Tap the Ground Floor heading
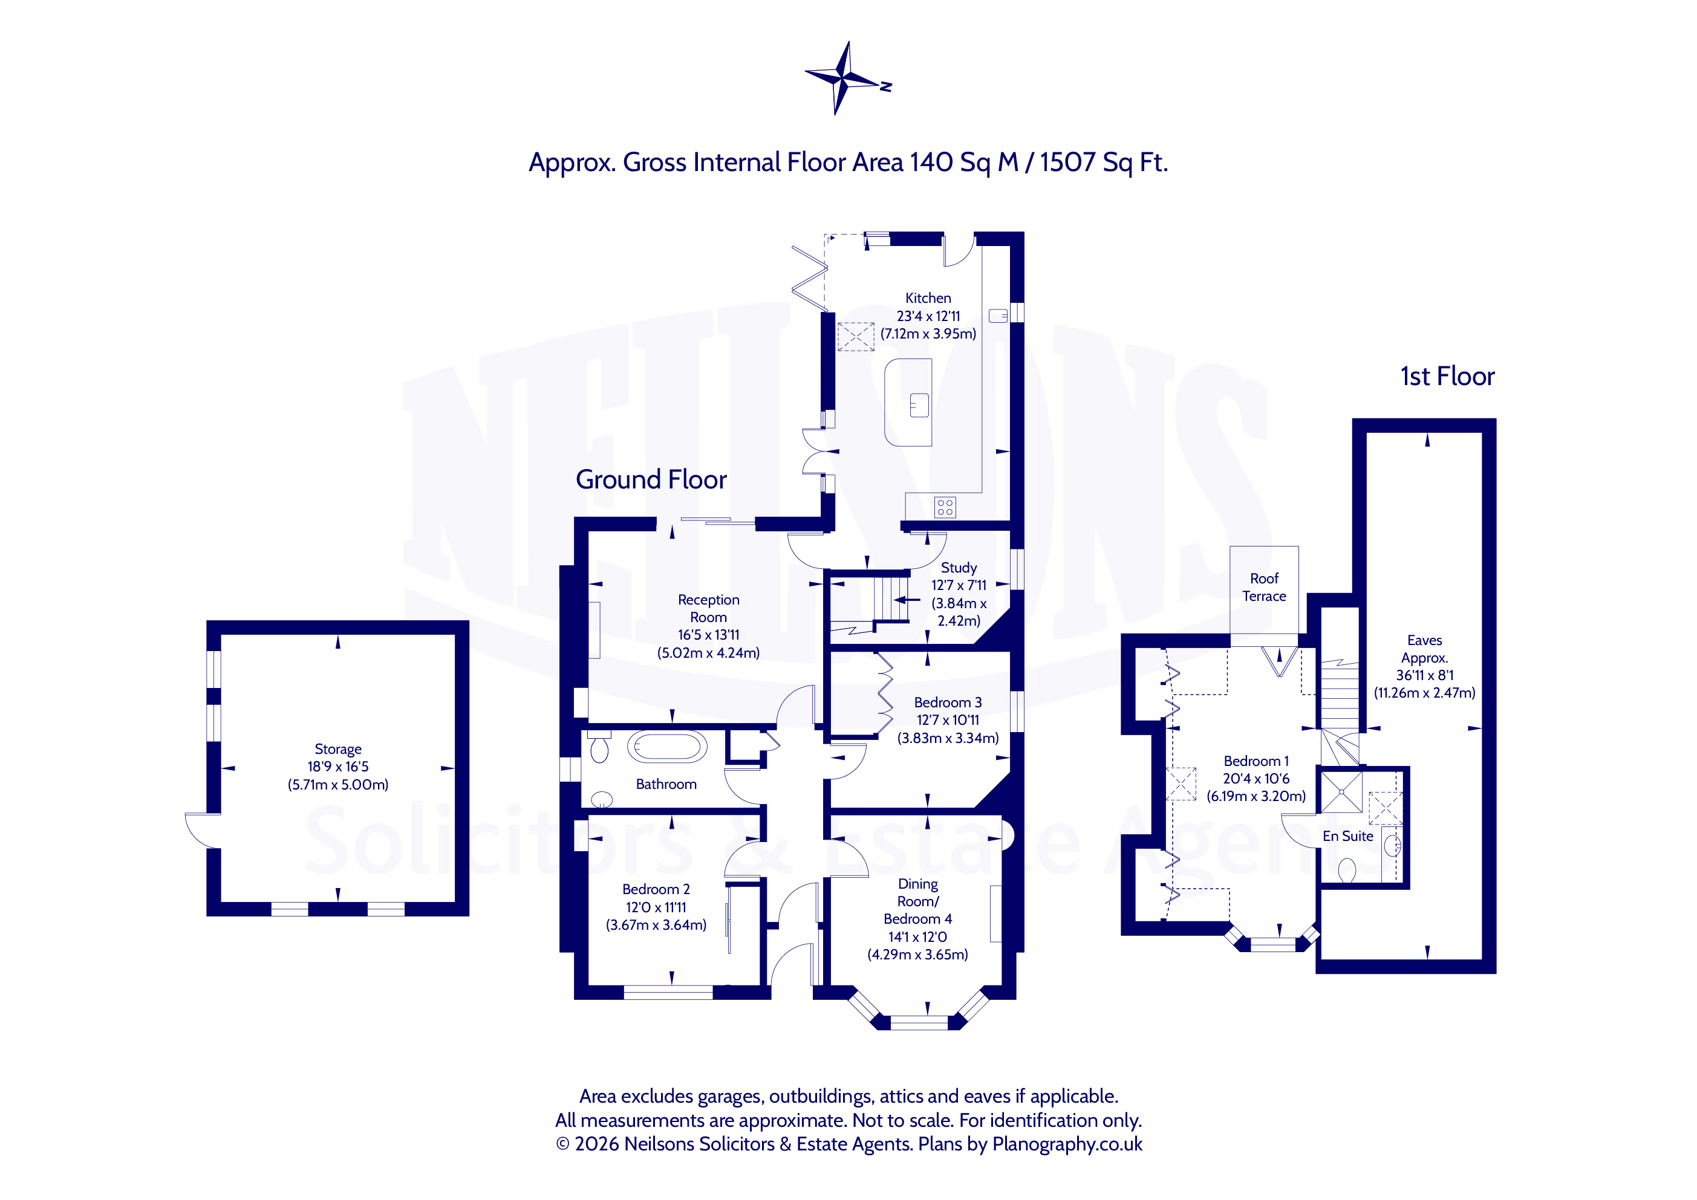click(651, 479)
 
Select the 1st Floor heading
click(1447, 377)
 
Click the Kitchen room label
click(928, 298)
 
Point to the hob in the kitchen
click(945, 507)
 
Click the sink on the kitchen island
click(919, 405)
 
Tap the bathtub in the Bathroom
click(666, 747)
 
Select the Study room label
click(959, 568)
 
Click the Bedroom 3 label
click(948, 702)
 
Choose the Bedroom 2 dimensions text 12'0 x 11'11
click(656, 907)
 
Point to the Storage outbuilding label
click(338, 749)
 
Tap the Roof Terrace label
click(1264, 588)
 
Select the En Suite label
click(1347, 835)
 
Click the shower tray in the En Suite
click(1341, 792)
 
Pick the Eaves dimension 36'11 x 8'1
click(1424, 675)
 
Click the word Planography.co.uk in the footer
click(1067, 1144)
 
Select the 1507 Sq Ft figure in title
click(1104, 163)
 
